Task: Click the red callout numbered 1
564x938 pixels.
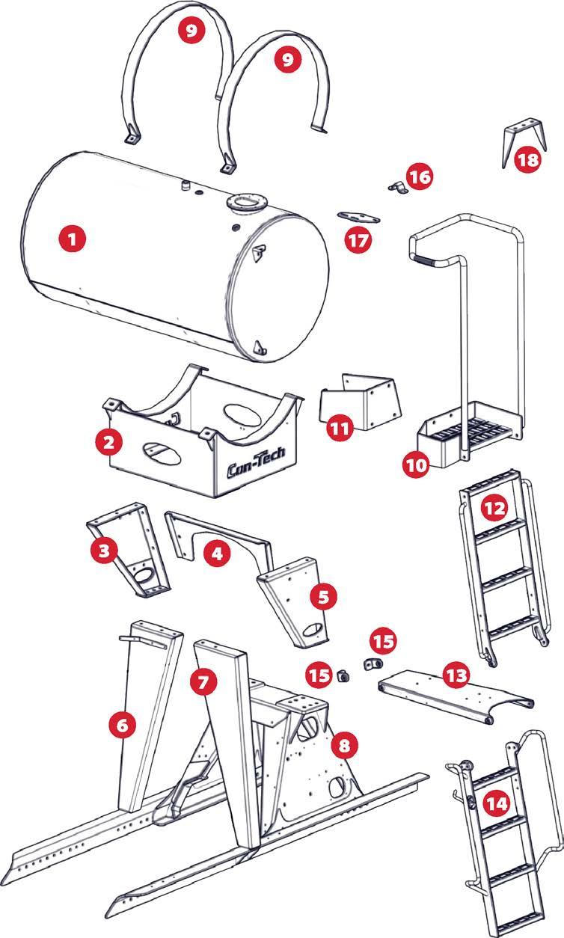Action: [73, 239]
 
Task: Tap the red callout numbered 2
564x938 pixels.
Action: [109, 441]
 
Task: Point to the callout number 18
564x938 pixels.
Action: [527, 159]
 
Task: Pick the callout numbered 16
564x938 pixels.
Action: [419, 177]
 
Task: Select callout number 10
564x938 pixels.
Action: [416, 464]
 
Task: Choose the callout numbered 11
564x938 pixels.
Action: [341, 427]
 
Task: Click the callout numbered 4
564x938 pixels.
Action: [217, 554]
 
